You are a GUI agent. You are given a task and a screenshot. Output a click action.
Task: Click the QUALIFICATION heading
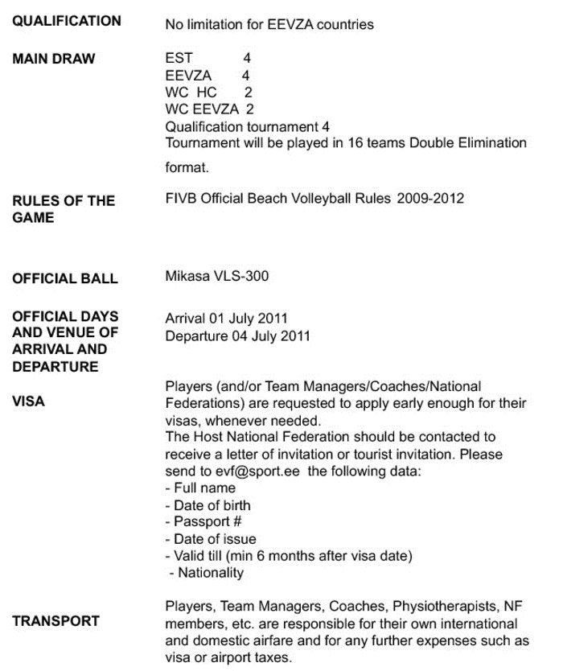click(67, 21)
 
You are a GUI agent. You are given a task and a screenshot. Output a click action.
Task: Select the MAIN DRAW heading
click(54, 59)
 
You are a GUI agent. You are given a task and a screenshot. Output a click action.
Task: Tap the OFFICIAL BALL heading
click(65, 278)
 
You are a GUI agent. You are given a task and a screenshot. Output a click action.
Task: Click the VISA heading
click(29, 401)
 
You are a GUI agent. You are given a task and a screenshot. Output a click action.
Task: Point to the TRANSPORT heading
click(56, 620)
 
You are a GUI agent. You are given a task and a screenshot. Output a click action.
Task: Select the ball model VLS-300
click(240, 276)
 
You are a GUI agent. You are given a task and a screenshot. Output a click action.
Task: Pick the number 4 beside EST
click(247, 59)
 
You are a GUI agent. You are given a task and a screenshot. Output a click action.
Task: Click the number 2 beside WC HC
click(249, 93)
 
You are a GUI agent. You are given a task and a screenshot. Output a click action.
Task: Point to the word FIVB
click(181, 198)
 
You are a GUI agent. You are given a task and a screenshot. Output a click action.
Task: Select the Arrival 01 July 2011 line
click(226, 319)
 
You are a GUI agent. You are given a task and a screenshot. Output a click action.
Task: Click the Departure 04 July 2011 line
click(237, 335)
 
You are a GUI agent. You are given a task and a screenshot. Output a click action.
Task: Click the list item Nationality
click(209, 573)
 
